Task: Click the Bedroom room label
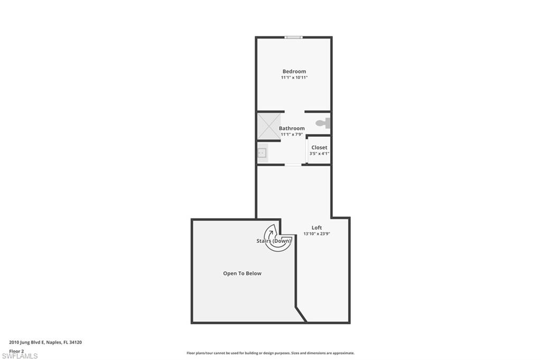pos(294,71)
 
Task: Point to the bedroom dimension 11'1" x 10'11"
pos(294,78)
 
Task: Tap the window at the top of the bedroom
pos(293,37)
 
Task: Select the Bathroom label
pos(292,128)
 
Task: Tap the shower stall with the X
pos(269,126)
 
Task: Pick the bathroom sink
pos(262,153)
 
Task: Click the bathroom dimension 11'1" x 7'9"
pos(292,135)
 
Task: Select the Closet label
pos(319,147)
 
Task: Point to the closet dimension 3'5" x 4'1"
pos(319,154)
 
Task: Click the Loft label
pos(316,228)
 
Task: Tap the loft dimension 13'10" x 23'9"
pos(316,234)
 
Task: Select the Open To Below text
pos(242,273)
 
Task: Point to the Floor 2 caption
pos(16,350)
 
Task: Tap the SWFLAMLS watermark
pos(19,356)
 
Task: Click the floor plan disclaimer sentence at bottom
pos(270,353)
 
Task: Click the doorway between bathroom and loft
pos(293,165)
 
